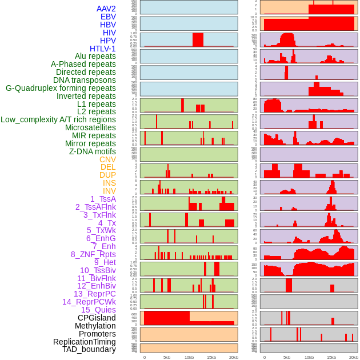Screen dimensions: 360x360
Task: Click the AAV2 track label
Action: click(106, 9)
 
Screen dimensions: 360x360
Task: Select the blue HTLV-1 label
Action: click(103, 49)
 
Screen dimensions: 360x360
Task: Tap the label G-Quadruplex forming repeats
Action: click(61, 89)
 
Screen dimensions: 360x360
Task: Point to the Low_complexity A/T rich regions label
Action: click(58, 119)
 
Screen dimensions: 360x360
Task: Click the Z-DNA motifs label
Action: click(93, 151)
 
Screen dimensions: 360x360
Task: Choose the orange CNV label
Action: click(107, 159)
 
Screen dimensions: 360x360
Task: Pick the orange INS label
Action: click(109, 183)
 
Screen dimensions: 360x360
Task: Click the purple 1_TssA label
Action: click(103, 199)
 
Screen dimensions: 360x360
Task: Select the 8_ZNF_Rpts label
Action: click(93, 254)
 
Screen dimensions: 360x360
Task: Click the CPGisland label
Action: click(97, 318)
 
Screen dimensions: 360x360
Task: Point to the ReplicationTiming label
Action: click(85, 342)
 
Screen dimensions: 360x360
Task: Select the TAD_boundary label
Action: click(89, 349)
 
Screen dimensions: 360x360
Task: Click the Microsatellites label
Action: click(90, 127)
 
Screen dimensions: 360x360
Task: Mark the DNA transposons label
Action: click(85, 80)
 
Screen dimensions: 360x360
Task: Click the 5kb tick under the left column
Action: click(167, 357)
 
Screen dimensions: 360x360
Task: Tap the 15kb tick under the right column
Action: click(331, 357)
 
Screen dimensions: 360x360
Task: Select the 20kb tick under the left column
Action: click(233, 357)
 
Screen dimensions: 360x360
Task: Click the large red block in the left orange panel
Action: click(167, 318)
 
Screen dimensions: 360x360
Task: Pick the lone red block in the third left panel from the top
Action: click(198, 39)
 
